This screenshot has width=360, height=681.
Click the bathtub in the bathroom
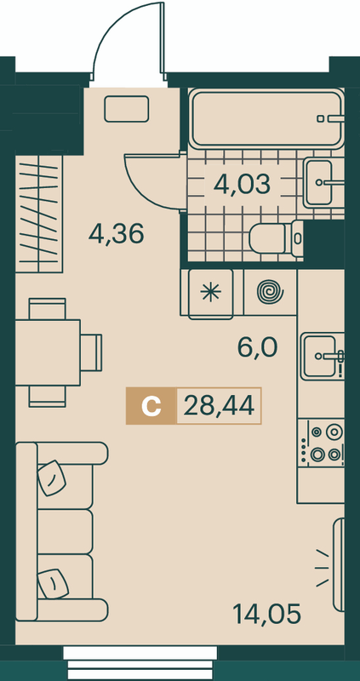[x=266, y=118]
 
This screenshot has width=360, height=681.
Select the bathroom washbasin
[x=324, y=183]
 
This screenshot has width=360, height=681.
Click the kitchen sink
[x=323, y=356]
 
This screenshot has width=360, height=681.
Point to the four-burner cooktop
[x=322, y=443]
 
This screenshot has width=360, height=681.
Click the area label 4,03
[x=243, y=185]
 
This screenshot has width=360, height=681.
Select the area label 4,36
[x=116, y=234]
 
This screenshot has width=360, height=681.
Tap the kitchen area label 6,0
[x=257, y=347]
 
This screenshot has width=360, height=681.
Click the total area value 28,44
[x=219, y=406]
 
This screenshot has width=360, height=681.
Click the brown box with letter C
[x=151, y=406]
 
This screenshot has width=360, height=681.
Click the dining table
[x=48, y=352]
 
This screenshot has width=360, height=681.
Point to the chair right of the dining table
[x=91, y=352]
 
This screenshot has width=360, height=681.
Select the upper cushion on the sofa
[x=51, y=478]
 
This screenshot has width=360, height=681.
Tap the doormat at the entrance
[x=127, y=109]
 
